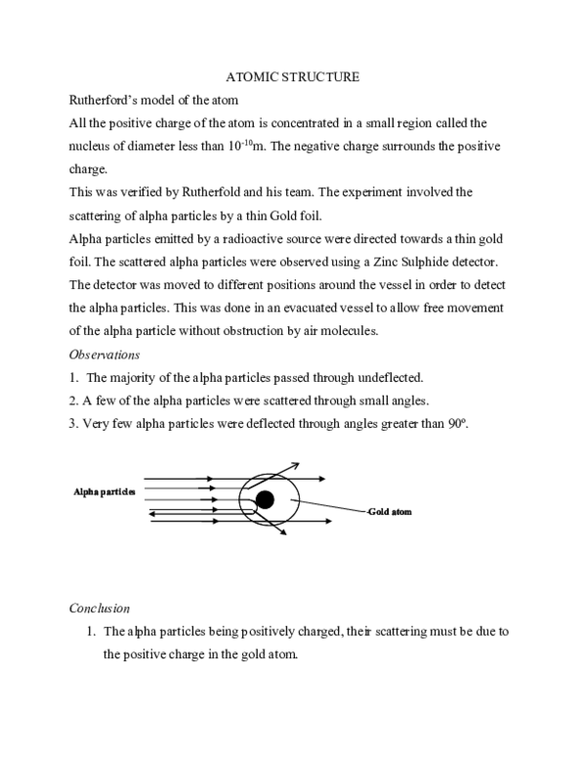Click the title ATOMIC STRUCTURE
(292, 76)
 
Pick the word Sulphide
(436, 264)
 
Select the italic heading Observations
(105, 357)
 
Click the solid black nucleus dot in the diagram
(265, 500)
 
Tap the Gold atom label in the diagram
(390, 511)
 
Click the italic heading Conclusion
(100, 609)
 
